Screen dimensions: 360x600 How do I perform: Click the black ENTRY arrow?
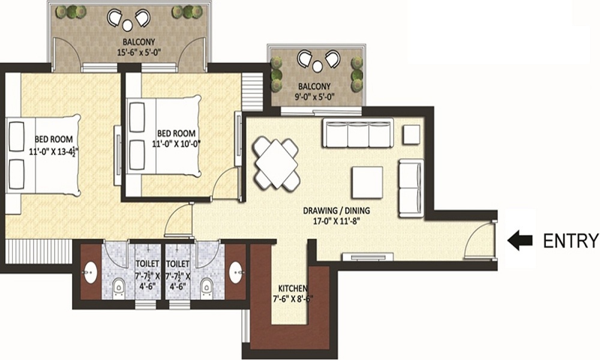coord(520,241)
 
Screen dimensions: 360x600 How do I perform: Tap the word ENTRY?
coord(571,241)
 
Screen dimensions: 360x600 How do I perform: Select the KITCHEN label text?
coord(293,287)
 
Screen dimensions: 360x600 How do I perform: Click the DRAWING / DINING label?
coord(336,211)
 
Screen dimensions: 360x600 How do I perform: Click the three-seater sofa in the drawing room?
coord(357,133)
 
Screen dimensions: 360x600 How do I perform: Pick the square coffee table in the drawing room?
coord(367,182)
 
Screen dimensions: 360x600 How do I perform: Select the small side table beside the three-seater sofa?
coord(411,134)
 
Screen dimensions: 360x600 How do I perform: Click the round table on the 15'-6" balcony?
coord(128,25)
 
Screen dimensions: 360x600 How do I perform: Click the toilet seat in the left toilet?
coord(119,289)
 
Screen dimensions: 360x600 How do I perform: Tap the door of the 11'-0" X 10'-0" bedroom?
coord(226,183)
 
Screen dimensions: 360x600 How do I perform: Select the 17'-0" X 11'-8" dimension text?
coord(336,221)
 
